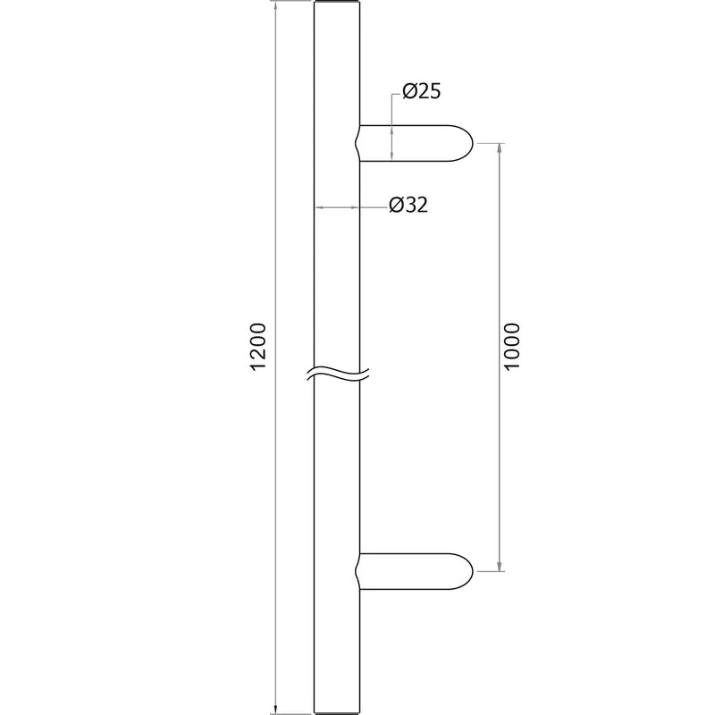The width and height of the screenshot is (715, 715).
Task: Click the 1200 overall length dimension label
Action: pyautogui.click(x=258, y=347)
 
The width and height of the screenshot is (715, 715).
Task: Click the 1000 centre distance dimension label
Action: pyautogui.click(x=512, y=347)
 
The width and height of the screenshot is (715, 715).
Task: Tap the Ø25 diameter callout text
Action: pyautogui.click(x=422, y=92)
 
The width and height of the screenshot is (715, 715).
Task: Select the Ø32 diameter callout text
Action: pyautogui.click(x=408, y=206)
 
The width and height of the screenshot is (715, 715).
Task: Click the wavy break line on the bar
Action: pyautogui.click(x=338, y=374)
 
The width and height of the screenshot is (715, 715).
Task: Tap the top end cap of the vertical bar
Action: pyautogui.click(x=337, y=3)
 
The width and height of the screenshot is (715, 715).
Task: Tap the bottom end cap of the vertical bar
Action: pyautogui.click(x=337, y=711)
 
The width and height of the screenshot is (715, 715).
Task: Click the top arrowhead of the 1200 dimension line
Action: pyautogui.click(x=275, y=4)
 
